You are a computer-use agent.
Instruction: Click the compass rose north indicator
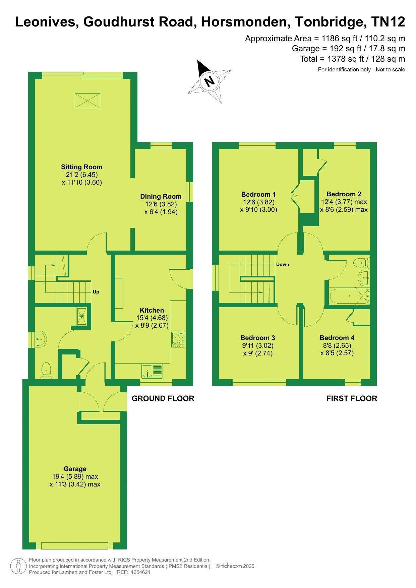pyautogui.click(x=209, y=81)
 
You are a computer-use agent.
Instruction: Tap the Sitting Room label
pyautogui.click(x=82, y=167)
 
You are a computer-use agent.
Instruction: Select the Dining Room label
pyautogui.click(x=161, y=196)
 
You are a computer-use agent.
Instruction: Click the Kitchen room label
pyautogui.click(x=152, y=310)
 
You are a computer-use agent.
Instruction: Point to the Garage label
pyautogui.click(x=75, y=469)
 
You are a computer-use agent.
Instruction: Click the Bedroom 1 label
pyautogui.click(x=258, y=194)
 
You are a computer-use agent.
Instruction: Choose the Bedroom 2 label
pyautogui.click(x=344, y=194)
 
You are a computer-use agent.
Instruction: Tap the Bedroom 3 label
pyautogui.click(x=258, y=338)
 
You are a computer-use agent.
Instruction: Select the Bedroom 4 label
pyautogui.click(x=337, y=338)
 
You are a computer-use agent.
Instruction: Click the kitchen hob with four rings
pyautogui.click(x=178, y=339)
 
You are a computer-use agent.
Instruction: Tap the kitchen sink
pyautogui.click(x=152, y=371)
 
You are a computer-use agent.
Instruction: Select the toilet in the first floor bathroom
pyautogui.click(x=362, y=262)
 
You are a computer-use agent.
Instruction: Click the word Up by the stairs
pyautogui.click(x=96, y=292)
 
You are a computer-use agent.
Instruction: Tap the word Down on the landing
pyautogui.click(x=283, y=264)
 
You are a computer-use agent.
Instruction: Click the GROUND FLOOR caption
pyautogui.click(x=163, y=398)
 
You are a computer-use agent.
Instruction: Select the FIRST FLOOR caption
pyautogui.click(x=352, y=398)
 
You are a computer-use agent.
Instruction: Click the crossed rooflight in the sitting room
pyautogui.click(x=87, y=101)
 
